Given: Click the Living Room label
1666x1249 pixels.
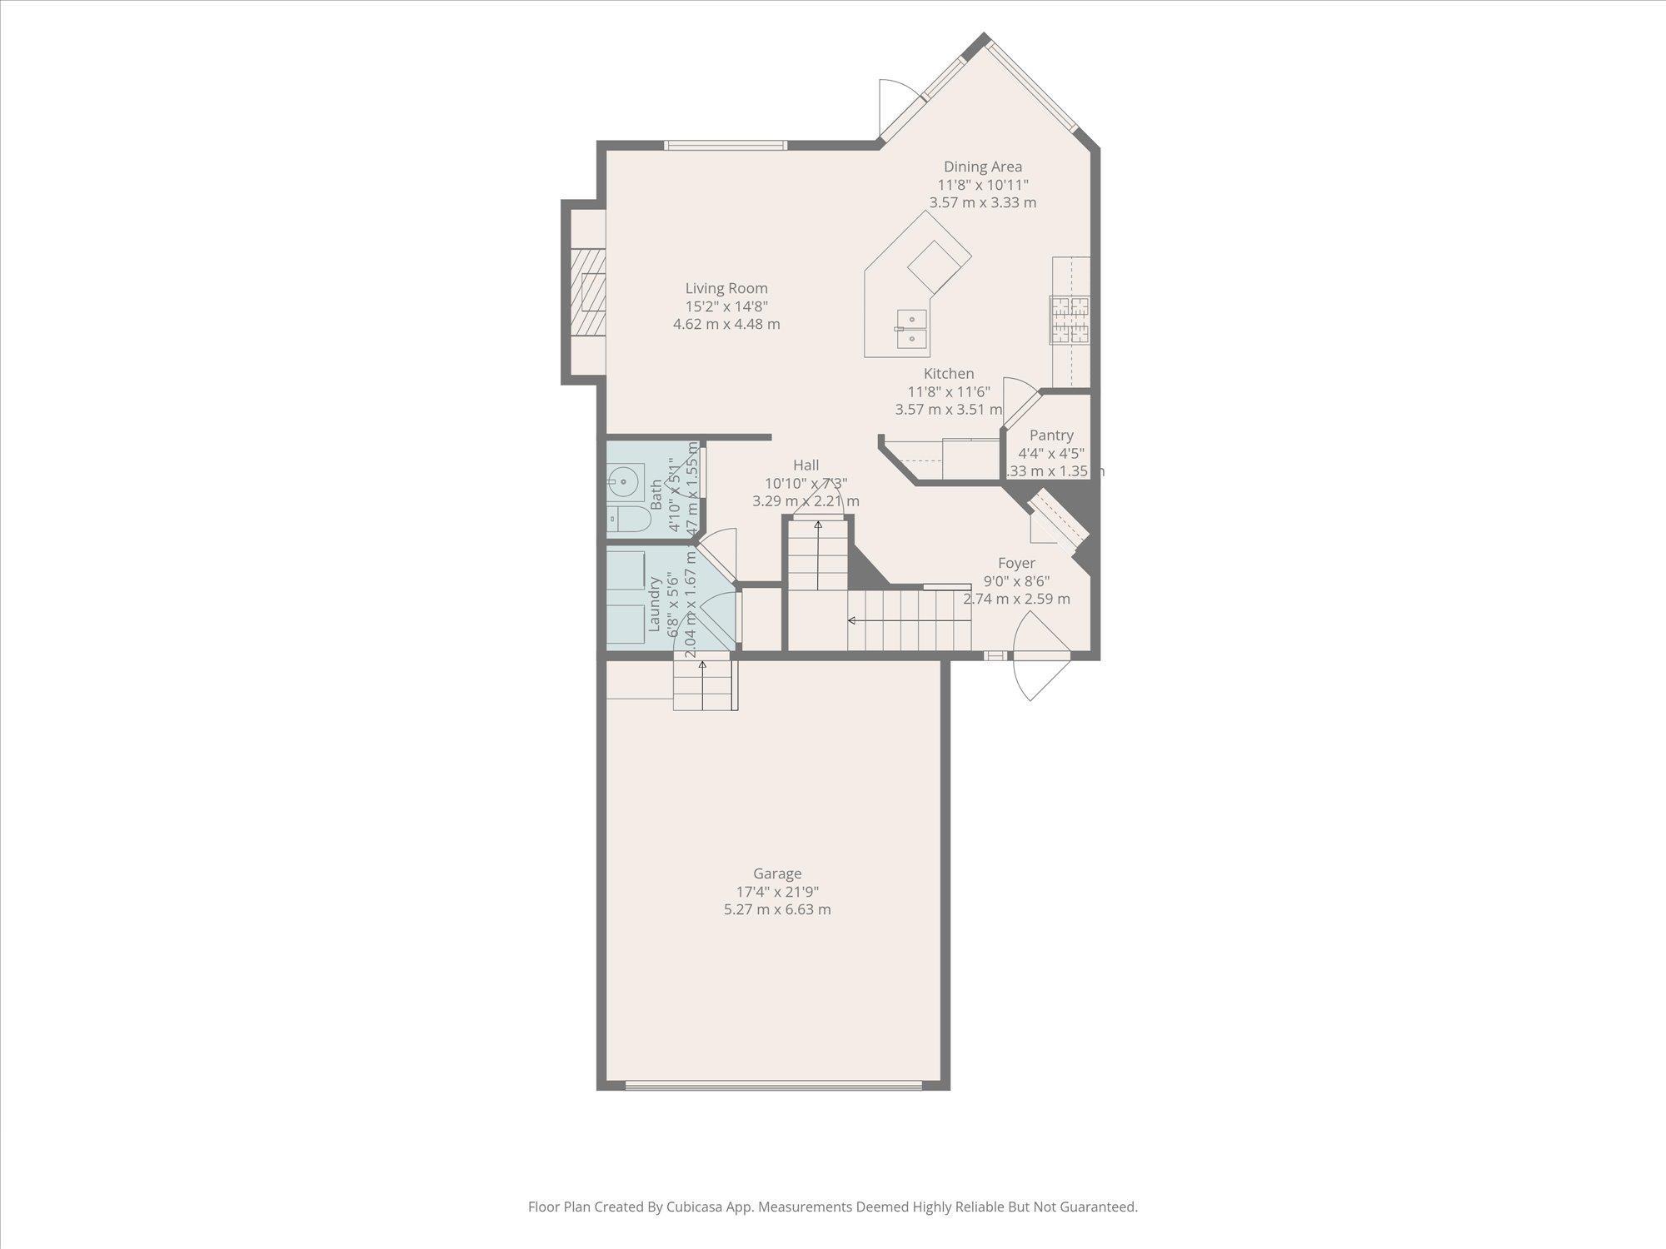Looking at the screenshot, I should tap(726, 289).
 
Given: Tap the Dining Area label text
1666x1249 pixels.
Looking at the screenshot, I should tap(982, 167).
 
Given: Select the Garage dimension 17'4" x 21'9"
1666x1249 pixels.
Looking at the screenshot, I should tap(776, 891).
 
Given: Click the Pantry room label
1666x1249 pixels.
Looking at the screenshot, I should tap(1050, 435).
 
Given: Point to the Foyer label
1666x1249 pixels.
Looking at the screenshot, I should tap(1016, 563).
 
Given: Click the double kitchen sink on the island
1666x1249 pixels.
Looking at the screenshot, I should tap(911, 328).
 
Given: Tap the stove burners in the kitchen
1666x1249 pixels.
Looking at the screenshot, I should tap(1070, 320).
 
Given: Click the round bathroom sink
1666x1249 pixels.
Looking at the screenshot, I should tap(624, 482).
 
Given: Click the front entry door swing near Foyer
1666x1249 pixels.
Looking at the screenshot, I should tap(1037, 658).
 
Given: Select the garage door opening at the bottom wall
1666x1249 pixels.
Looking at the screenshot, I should tap(774, 1085).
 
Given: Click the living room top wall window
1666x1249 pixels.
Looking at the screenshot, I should tap(726, 146).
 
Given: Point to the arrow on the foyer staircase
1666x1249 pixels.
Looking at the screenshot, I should tap(852, 620).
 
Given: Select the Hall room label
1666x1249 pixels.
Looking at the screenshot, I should tap(806, 465).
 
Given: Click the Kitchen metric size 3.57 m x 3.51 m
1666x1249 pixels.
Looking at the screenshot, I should tap(948, 410).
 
